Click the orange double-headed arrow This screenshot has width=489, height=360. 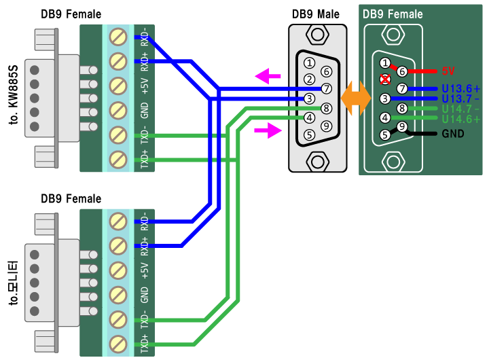point(356,98)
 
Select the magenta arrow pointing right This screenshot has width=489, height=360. point(268,130)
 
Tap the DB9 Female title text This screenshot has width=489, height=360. point(393,14)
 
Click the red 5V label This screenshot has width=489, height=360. point(449,71)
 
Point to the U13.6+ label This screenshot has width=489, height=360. point(460,89)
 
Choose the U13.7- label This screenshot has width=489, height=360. point(460,99)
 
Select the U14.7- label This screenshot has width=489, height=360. point(460,109)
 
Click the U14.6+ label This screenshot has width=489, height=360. point(460,119)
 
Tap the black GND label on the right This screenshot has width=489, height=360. point(452,134)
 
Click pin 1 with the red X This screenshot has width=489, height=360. point(385,78)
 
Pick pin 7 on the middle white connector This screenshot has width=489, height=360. point(327,88)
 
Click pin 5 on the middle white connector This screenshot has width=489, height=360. point(310,134)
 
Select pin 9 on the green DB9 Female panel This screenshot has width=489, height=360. point(402,126)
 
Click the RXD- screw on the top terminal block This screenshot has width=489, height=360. point(118,36)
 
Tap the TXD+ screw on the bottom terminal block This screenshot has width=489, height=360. point(118,343)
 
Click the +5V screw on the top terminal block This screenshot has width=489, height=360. point(118,86)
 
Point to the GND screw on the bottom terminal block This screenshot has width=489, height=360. point(118,294)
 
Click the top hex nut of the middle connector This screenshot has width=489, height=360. point(317,35)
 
